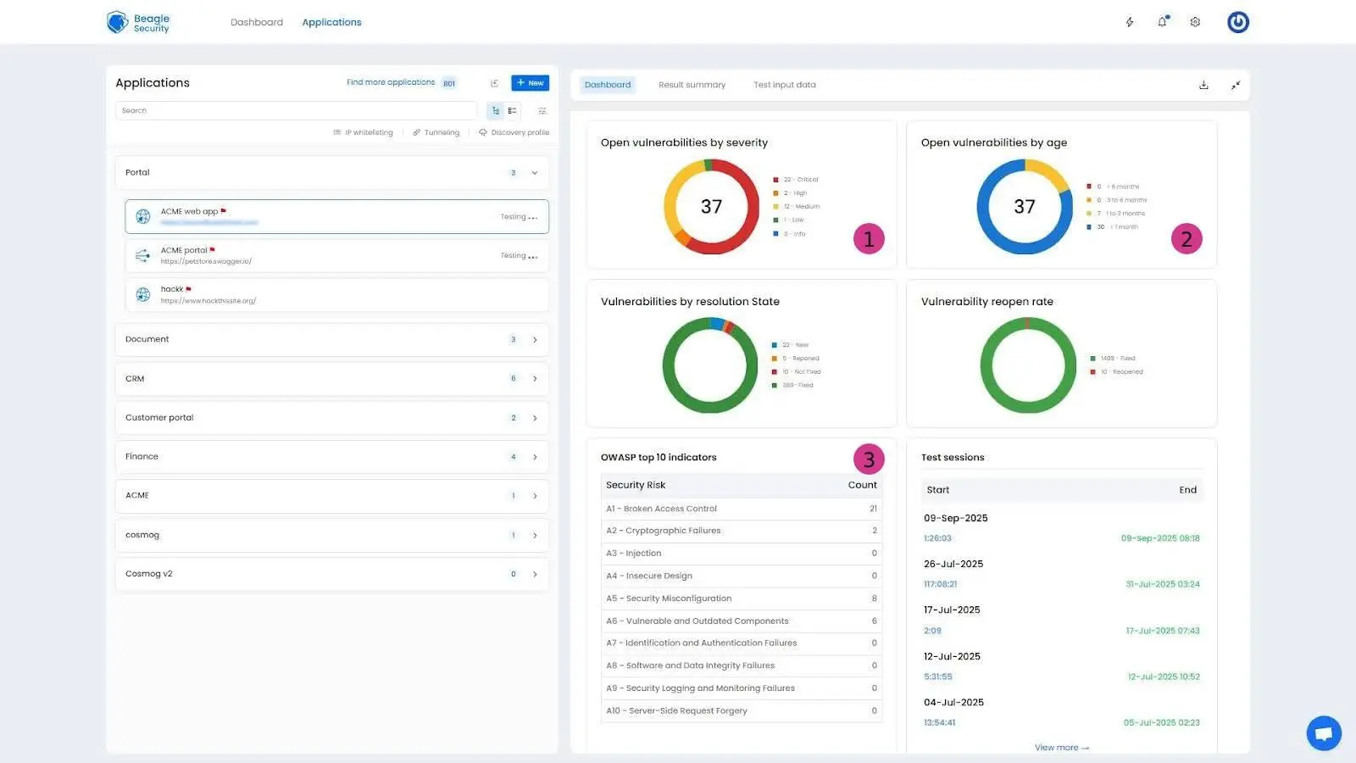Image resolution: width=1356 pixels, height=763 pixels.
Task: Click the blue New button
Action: click(530, 83)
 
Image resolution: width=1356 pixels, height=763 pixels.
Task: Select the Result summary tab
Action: click(692, 85)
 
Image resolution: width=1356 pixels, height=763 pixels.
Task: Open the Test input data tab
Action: click(784, 85)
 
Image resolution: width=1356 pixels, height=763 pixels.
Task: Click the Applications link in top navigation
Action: click(331, 22)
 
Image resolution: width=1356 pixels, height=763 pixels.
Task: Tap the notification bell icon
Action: click(1162, 22)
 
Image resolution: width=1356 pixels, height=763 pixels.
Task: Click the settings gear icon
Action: click(1195, 22)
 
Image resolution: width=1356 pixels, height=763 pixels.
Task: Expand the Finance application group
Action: click(331, 457)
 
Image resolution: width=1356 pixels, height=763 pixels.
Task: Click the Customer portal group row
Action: click(331, 418)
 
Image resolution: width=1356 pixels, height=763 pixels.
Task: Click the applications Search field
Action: click(295, 110)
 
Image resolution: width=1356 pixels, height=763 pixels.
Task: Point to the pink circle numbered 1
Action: click(869, 239)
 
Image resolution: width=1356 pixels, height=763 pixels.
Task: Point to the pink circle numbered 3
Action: click(869, 459)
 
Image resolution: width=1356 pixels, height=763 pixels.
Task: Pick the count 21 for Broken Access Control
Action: click(873, 509)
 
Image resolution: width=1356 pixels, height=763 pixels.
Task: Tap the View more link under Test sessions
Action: click(1061, 748)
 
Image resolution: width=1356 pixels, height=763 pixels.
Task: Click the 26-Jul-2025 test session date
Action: click(953, 564)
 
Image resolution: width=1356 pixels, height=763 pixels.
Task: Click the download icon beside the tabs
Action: click(1203, 85)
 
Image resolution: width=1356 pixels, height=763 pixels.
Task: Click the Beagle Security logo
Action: click(139, 23)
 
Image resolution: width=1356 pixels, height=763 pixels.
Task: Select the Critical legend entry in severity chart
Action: click(800, 180)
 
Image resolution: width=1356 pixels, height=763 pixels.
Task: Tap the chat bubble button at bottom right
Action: click(1323, 732)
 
